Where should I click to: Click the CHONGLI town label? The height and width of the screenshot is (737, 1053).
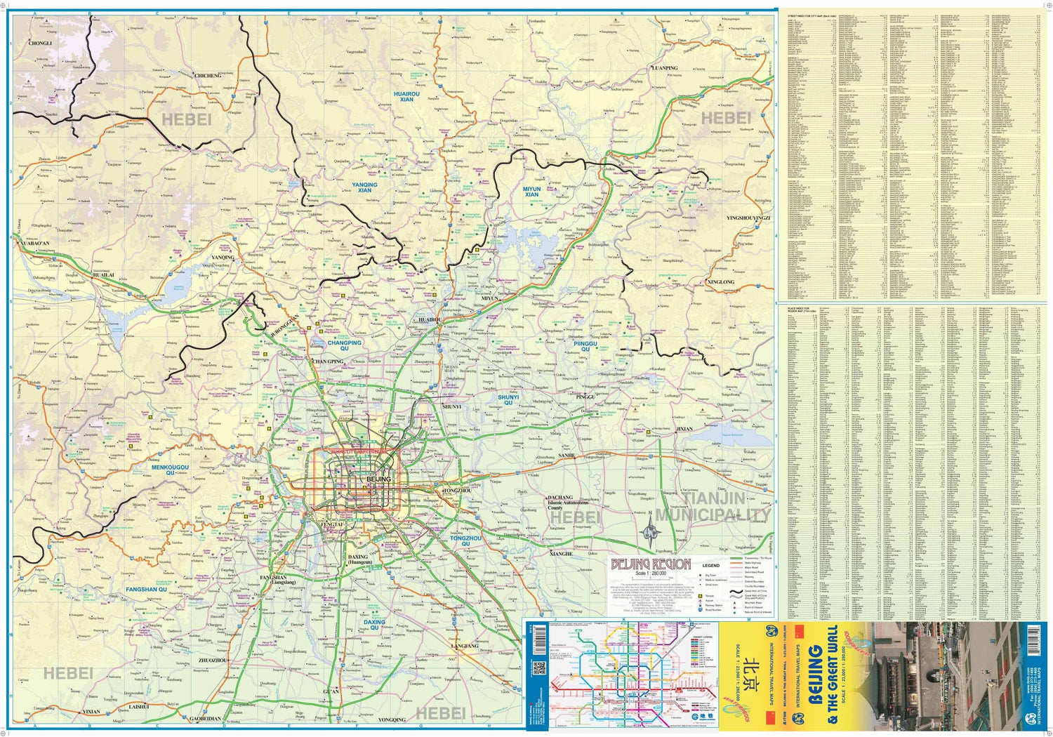tap(40, 44)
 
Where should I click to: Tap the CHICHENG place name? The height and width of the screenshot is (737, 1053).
tap(208, 76)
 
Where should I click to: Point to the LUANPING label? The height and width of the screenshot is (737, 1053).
tap(665, 68)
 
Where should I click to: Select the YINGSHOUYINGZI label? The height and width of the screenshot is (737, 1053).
tap(748, 218)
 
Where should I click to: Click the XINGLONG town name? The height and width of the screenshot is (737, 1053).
tap(720, 282)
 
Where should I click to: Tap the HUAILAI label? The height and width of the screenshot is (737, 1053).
tap(103, 275)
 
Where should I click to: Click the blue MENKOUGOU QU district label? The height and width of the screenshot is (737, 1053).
tap(170, 470)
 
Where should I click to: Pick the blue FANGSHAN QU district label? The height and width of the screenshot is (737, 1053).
tap(146, 590)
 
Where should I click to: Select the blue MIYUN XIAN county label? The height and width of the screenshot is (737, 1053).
tap(531, 192)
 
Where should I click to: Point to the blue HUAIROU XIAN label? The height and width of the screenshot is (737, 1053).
tap(406, 96)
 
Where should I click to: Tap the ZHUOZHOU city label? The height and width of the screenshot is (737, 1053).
tap(213, 660)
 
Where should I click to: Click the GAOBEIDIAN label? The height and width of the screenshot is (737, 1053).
tap(205, 719)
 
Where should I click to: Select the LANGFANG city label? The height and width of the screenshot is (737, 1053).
tap(464, 646)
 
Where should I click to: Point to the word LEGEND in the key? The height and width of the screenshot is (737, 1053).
tap(711, 565)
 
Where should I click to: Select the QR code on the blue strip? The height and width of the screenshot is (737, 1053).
tap(539, 668)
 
